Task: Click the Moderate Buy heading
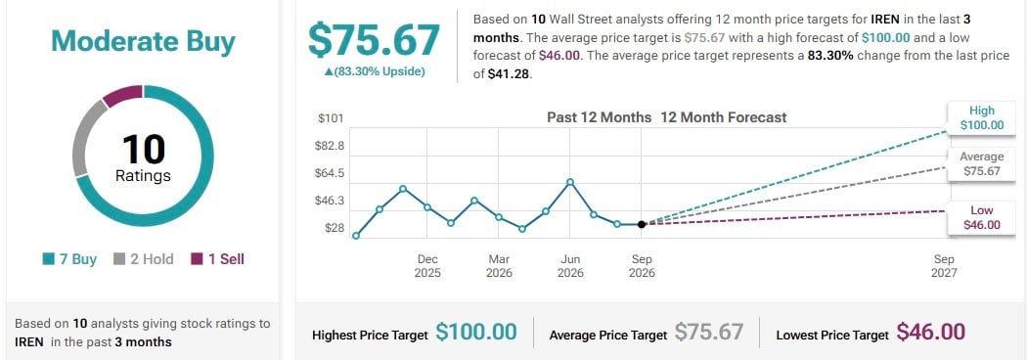[143, 42]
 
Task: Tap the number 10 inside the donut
[143, 149]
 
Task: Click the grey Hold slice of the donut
[84, 139]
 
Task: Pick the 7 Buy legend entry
[69, 259]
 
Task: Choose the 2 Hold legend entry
[144, 259]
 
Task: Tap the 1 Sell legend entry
[217, 259]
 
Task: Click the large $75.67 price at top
[374, 39]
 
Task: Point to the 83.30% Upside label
[375, 71]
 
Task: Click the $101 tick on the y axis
[331, 118]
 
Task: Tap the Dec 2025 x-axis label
[427, 266]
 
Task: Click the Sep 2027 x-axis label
[944, 266]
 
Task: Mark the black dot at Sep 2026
[642, 224]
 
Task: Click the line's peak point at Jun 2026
[570, 182]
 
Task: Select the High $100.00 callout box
[982, 118]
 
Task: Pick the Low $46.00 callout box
[982, 217]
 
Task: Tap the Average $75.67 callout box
[982, 164]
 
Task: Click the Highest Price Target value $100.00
[476, 332]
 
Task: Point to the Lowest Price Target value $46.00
[931, 332]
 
